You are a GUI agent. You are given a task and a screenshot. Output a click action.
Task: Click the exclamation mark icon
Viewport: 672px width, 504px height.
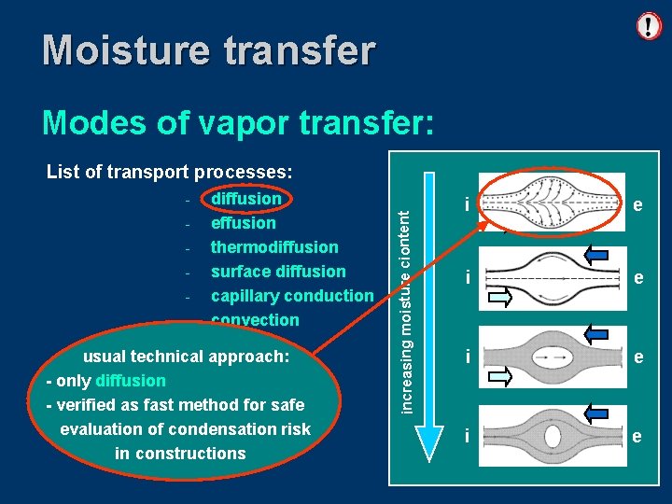point(649,25)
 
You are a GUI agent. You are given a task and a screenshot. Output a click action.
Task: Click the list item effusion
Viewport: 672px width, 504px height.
point(243,223)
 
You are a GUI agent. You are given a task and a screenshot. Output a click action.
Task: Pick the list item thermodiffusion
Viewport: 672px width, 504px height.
point(274,247)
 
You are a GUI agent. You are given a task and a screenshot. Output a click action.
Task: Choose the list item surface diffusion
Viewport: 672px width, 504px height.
point(278,272)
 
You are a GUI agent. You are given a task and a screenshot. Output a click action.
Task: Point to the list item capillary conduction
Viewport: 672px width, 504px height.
point(291,296)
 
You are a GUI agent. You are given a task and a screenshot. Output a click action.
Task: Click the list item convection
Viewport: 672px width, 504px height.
point(255,320)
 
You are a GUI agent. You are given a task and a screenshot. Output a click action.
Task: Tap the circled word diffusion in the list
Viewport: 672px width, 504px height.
point(246,199)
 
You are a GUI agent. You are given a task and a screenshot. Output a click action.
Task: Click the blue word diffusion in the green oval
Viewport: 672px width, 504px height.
point(131,381)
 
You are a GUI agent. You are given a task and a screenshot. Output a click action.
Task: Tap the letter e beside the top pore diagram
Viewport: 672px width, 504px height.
point(637,204)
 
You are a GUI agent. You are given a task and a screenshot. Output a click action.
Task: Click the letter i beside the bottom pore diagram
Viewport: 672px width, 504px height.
point(468,435)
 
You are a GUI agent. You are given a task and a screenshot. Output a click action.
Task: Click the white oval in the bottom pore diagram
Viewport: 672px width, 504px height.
point(552,436)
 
